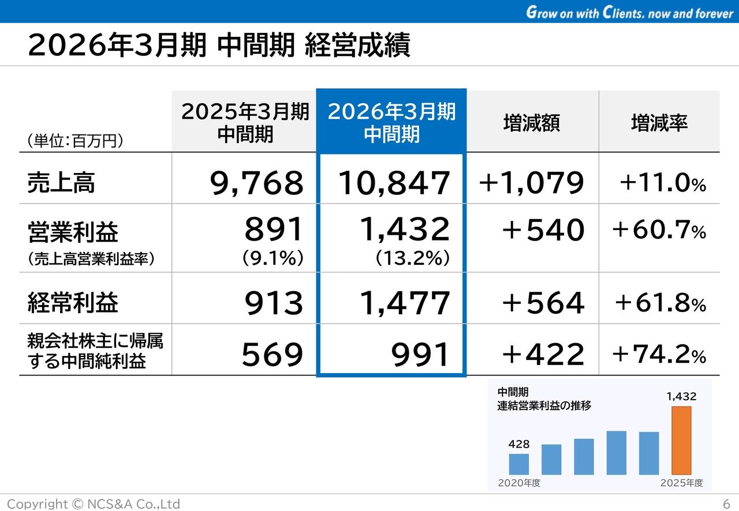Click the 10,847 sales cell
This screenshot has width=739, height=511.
pos(393,183)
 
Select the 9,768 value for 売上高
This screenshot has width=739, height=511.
pos(256,183)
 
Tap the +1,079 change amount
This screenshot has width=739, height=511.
pos(531,183)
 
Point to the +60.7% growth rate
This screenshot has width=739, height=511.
pos(659,231)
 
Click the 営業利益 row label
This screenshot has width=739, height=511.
pos(73,232)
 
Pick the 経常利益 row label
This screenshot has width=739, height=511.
pos(73,303)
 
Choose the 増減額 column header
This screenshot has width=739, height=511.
pos(531,123)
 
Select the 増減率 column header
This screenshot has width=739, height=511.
pos(659,123)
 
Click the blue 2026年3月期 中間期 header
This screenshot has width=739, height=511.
pos(391,122)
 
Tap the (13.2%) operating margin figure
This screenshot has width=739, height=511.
pos(413,258)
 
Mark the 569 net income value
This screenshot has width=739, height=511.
pos(272,355)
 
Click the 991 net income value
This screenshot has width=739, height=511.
pos(420,355)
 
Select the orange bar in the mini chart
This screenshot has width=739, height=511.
pos(681,440)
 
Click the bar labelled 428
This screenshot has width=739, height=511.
pos(519,464)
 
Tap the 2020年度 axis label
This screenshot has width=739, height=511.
pos(519,483)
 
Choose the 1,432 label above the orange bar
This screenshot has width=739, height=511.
pos(681,397)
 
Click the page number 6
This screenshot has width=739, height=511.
pos(726,503)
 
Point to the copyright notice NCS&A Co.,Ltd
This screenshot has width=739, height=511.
pos(94,504)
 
